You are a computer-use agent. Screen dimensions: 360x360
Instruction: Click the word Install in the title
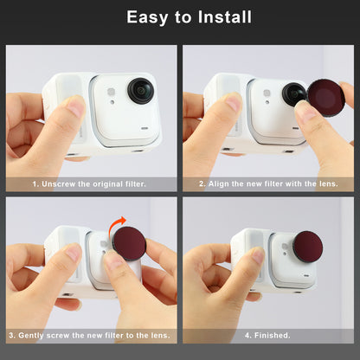[223, 17]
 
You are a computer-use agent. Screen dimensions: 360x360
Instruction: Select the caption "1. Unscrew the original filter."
[89, 183]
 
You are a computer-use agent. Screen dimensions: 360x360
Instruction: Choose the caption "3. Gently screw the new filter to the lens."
[89, 334]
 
